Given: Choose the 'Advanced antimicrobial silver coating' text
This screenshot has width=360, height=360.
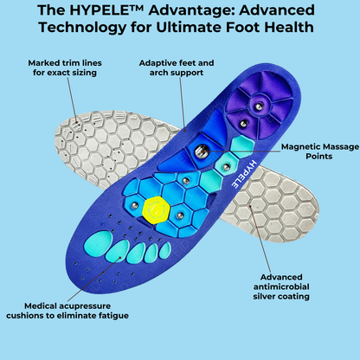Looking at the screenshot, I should tap(298, 282).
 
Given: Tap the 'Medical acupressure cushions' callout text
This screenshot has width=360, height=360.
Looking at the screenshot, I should tap(76, 309).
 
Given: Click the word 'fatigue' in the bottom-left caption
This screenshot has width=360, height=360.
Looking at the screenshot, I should tap(113, 315).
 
